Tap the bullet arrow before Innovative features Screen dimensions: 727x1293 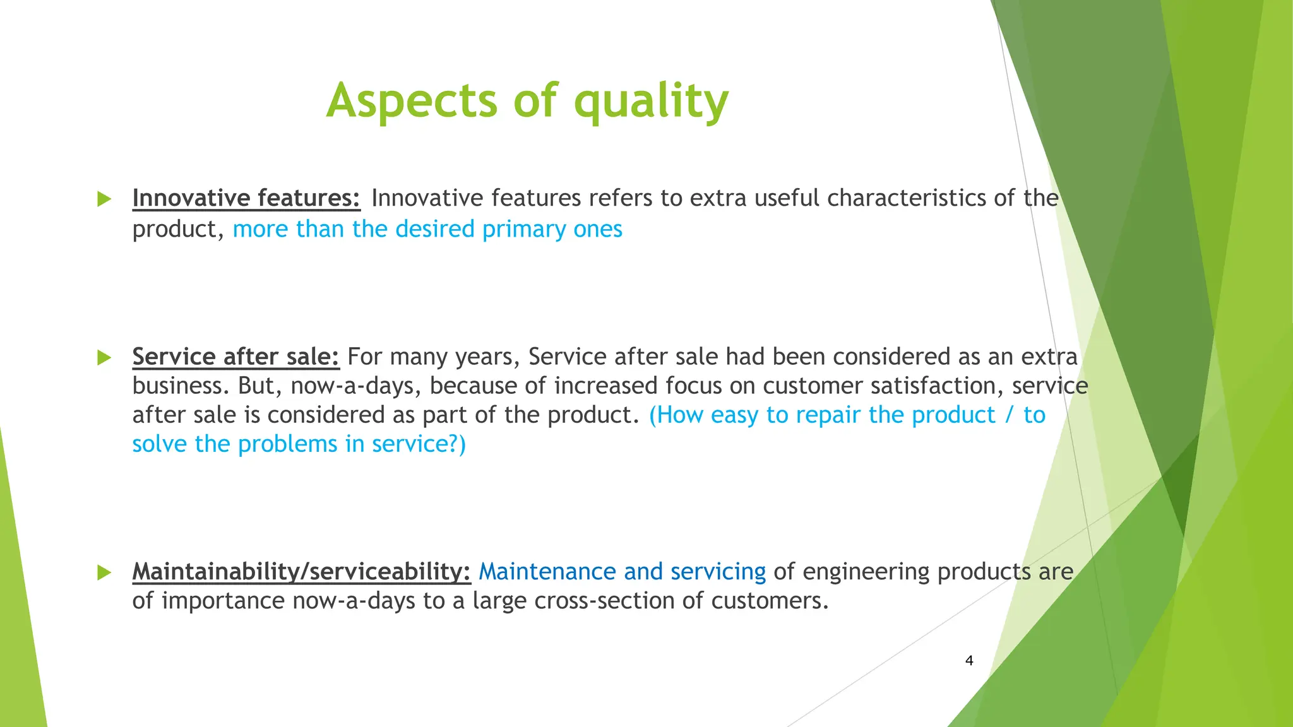coord(104,199)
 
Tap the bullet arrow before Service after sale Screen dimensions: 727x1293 coord(104,358)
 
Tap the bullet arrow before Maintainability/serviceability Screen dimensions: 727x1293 coord(104,573)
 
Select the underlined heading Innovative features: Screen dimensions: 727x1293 coord(246,198)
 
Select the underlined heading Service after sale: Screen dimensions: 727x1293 coord(235,357)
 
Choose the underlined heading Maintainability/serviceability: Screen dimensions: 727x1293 coord(301,572)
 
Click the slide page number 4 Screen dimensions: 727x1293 coord(969,661)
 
